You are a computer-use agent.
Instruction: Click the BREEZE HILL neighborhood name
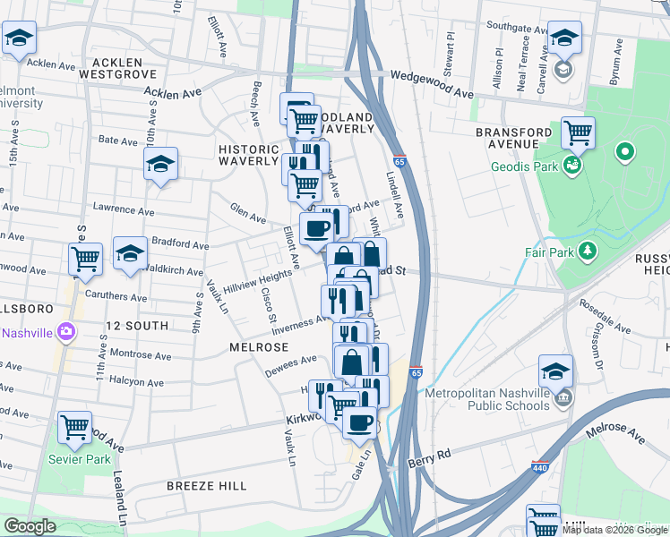(x=206, y=485)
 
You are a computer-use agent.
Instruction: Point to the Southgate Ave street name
(x=515, y=29)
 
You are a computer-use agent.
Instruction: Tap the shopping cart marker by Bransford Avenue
(x=579, y=133)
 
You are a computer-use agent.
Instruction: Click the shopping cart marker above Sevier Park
(x=74, y=427)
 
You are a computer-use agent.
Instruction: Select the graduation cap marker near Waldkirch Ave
(x=130, y=253)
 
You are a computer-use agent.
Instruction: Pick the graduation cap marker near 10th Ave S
(x=161, y=164)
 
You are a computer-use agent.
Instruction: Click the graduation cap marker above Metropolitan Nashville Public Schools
(x=555, y=371)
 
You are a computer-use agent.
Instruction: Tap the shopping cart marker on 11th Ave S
(x=86, y=260)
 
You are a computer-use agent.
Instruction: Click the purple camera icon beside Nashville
(x=64, y=332)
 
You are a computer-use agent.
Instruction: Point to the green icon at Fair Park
(x=587, y=251)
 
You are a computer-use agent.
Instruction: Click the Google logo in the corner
(x=30, y=526)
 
